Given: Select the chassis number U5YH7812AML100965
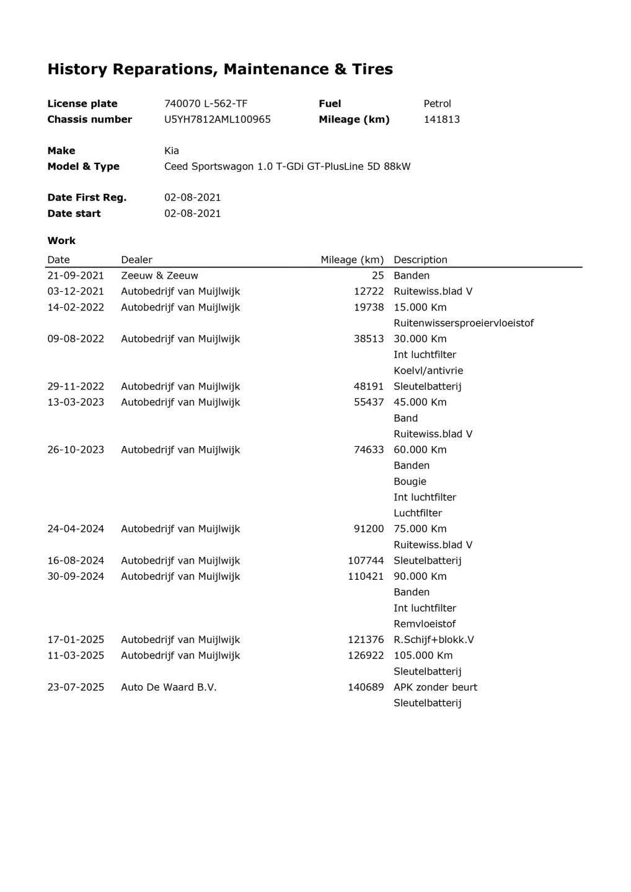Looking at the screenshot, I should (x=218, y=120).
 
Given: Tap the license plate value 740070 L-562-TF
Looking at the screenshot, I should (x=206, y=103).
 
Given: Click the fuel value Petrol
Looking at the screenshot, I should (x=437, y=103).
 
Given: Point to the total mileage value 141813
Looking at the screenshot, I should (x=441, y=120).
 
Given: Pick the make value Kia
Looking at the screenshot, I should (x=172, y=151).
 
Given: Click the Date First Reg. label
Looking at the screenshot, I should (x=87, y=198).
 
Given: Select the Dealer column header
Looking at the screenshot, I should (x=136, y=260).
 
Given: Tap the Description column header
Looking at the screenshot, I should (x=420, y=260).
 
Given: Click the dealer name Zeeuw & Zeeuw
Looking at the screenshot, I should (x=159, y=276).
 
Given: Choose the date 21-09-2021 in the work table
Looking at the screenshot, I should (x=76, y=276).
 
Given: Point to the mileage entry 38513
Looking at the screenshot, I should (x=369, y=339).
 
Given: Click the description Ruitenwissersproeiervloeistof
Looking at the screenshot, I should (x=463, y=323).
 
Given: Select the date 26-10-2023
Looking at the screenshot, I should (x=76, y=450).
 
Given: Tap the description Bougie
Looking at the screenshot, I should (x=410, y=481).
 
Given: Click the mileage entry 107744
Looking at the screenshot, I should (x=366, y=561).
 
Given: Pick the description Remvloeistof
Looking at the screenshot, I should (x=425, y=624).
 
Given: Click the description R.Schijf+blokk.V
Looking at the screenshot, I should (x=433, y=640).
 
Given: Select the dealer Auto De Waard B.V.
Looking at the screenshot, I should (x=169, y=687).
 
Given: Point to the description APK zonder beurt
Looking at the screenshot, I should (x=435, y=687).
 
